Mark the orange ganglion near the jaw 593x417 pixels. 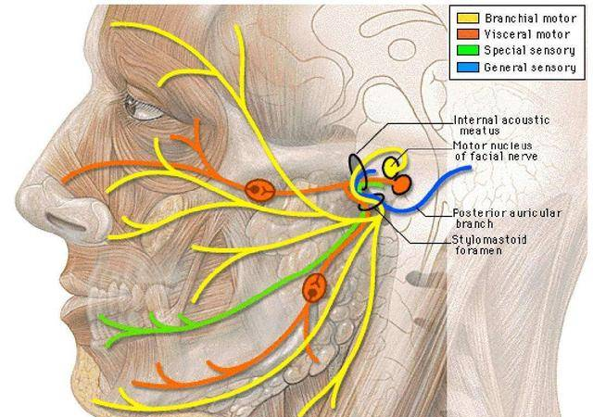(x=315, y=288)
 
